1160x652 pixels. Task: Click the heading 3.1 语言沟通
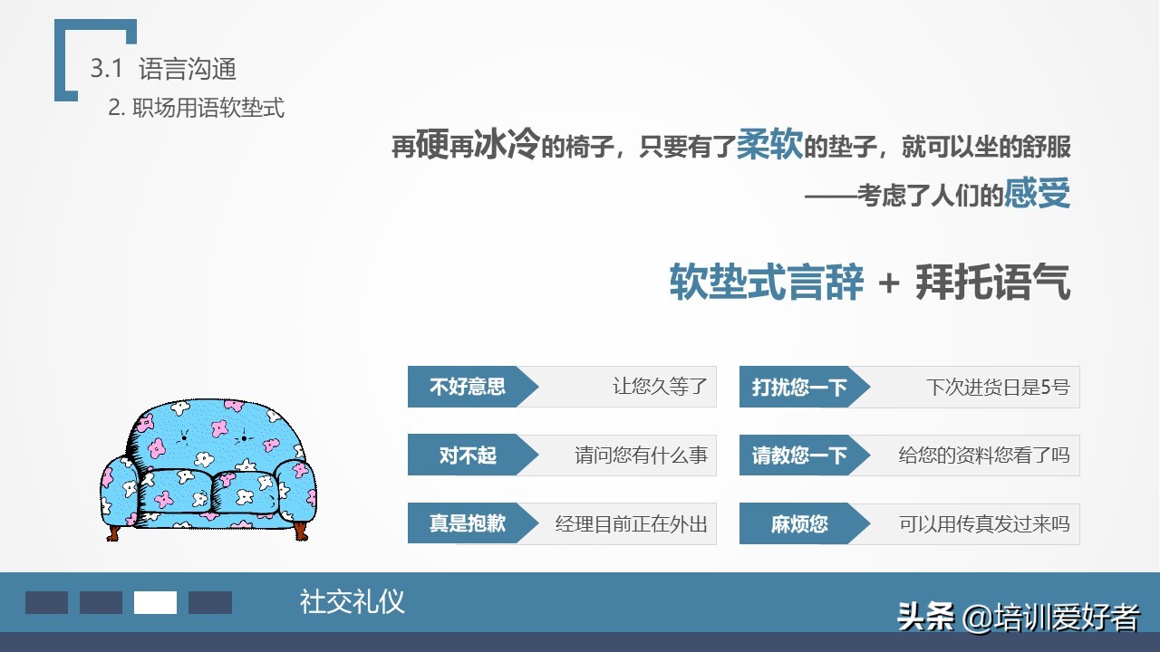point(163,68)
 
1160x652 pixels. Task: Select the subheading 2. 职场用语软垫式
point(196,108)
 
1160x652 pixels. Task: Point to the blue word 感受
point(1038,193)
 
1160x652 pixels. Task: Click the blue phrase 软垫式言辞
point(767,283)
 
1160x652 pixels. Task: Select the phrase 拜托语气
point(993,283)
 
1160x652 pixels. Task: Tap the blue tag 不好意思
point(468,388)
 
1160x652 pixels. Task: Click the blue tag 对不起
point(468,455)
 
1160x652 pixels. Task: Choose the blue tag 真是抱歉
point(468,523)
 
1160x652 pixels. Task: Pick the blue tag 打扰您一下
point(799,388)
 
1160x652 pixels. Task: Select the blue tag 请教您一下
point(799,455)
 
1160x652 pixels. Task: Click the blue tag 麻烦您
point(799,523)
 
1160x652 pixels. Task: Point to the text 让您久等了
point(660,388)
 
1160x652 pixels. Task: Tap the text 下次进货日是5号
point(998,388)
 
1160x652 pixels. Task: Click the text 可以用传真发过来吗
point(984,523)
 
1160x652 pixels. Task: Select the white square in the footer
point(155,602)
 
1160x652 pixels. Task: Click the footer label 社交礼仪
point(352,601)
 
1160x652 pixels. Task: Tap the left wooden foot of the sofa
point(114,529)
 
